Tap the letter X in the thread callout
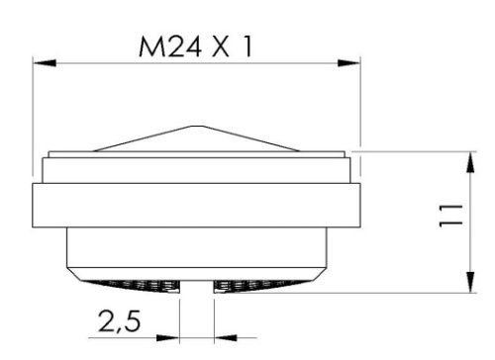216,46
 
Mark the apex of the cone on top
196,127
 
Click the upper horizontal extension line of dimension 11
416,151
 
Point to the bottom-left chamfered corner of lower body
71,269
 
